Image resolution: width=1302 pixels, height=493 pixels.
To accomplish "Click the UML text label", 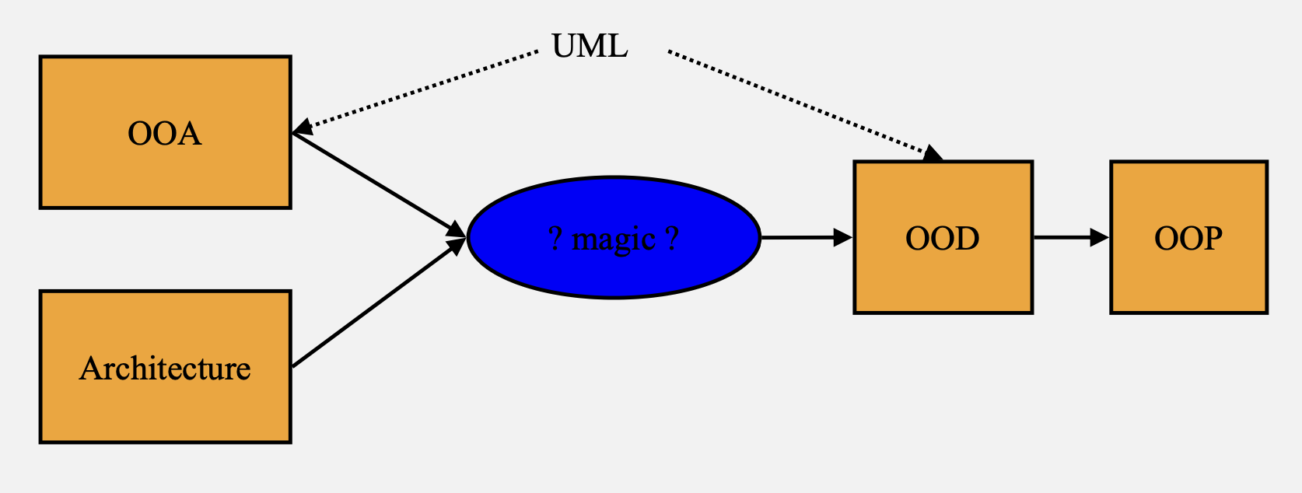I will tap(590, 47).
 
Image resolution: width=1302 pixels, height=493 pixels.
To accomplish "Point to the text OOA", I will tap(165, 134).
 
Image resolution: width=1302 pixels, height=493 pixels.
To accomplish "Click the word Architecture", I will tap(165, 369).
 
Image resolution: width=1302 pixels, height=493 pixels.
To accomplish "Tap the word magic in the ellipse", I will tap(614, 239).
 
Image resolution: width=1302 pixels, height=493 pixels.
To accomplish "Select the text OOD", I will tap(943, 238).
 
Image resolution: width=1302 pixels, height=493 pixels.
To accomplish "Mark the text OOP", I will tap(1188, 238).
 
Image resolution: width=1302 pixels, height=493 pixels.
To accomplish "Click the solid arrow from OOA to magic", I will tap(373, 182).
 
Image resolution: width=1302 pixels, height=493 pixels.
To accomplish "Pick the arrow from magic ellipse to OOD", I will tap(801, 237).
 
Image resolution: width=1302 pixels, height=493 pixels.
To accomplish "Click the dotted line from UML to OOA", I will tap(420, 89).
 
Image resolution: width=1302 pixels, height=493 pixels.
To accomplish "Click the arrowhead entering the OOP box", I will tap(1100, 237).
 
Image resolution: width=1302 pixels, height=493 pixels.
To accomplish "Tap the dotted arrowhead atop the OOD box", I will tap(933, 153).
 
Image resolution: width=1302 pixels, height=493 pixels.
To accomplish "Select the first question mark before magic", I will tap(555, 238).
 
